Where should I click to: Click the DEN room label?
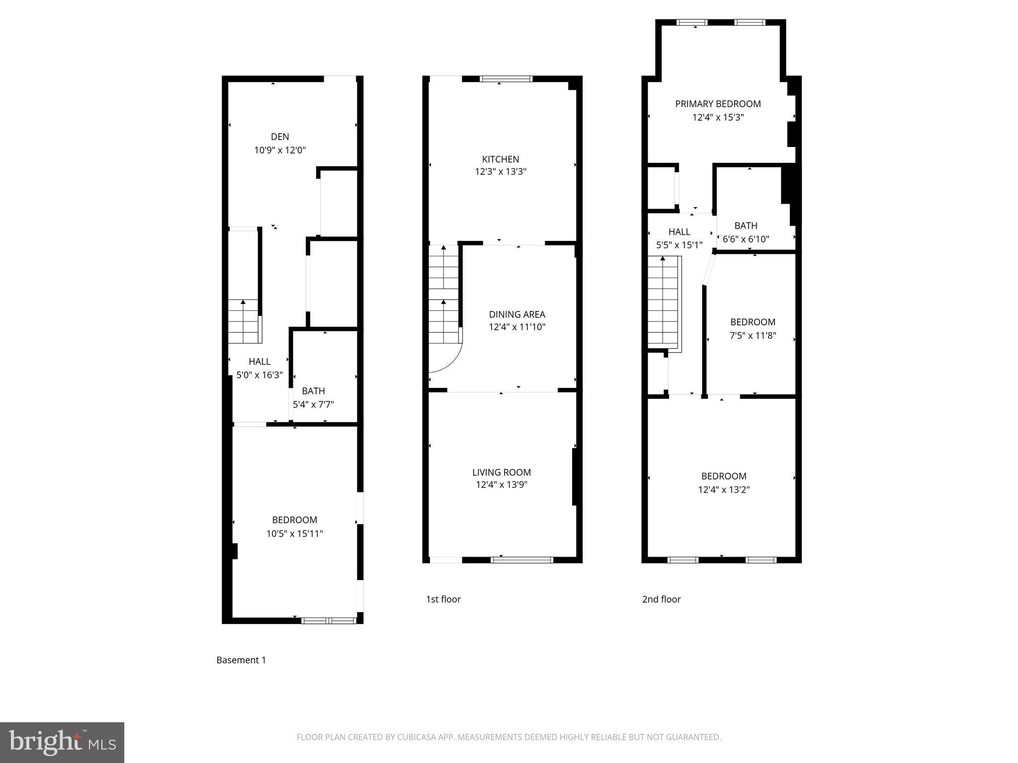(280, 137)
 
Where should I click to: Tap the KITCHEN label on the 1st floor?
(501, 159)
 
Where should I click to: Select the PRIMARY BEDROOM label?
(718, 104)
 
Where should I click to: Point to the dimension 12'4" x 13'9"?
(502, 485)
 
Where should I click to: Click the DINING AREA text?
(517, 314)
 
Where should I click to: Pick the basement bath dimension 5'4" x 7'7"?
(313, 404)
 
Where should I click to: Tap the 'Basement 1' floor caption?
(241, 660)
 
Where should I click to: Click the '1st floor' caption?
(443, 599)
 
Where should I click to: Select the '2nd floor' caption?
(661, 599)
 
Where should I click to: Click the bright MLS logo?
(62, 743)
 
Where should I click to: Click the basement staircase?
(244, 321)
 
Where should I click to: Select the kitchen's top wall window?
(506, 78)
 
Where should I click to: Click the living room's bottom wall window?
(521, 560)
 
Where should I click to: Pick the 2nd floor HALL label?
(679, 232)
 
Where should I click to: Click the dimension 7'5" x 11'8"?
(753, 335)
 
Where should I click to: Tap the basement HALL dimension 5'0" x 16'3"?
(259, 375)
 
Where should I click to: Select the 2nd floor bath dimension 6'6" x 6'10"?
(746, 239)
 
